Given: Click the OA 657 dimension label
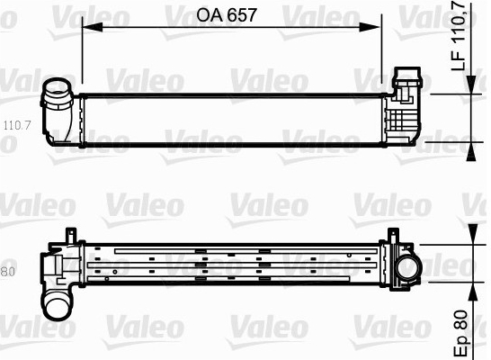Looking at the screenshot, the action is [226, 14].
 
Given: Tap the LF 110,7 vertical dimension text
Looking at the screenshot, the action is [458, 35].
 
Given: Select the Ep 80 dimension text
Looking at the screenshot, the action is [461, 333].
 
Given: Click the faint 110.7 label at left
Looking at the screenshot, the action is [17, 125].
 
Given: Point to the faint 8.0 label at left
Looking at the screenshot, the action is [7, 272].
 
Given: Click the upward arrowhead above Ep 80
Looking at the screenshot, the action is [472, 292].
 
